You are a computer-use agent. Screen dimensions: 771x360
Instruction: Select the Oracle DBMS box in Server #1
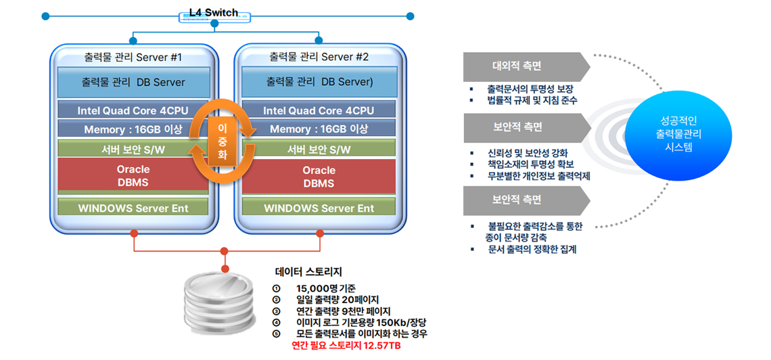click(x=133, y=175)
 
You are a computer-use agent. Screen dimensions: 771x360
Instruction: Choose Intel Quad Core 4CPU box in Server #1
click(x=133, y=110)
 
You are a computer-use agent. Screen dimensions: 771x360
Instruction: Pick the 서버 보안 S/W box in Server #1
click(x=133, y=149)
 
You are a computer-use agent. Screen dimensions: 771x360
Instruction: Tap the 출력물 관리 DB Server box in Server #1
click(x=133, y=82)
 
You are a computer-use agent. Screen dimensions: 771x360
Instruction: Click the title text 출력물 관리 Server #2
click(x=319, y=57)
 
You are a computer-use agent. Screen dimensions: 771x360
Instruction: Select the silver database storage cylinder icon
click(x=225, y=300)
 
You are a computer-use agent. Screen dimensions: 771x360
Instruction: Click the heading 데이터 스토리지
click(x=308, y=271)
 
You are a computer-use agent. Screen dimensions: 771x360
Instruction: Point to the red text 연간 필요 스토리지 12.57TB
click(x=346, y=346)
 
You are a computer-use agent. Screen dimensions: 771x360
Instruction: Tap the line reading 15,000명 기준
click(x=326, y=288)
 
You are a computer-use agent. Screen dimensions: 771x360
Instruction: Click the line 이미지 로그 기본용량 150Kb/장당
click(x=361, y=323)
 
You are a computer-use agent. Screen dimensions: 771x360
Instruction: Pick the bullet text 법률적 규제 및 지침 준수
click(x=532, y=101)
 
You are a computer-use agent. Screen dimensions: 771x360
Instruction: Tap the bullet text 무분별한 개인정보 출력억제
click(x=538, y=176)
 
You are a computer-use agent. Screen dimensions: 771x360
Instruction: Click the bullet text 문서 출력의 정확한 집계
click(x=532, y=249)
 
